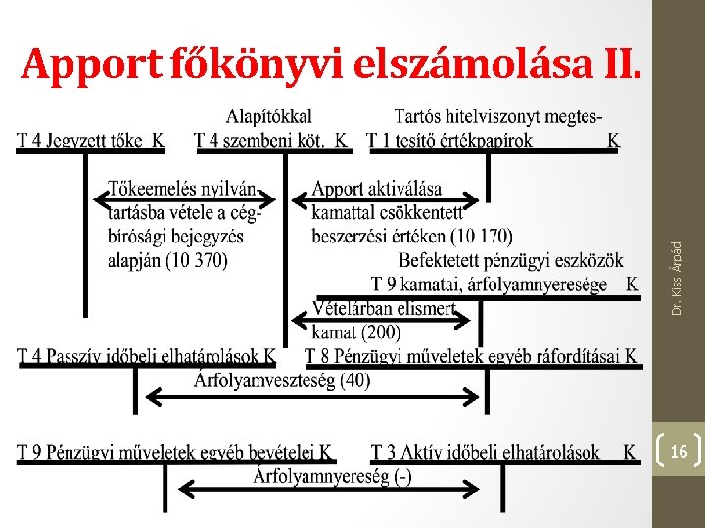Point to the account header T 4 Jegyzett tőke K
pos(90,140)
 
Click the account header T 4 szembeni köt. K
pos(271,140)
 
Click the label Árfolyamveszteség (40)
pos(283,380)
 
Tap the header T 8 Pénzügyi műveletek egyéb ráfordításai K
pos(471,357)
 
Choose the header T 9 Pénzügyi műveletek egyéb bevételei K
pos(174,453)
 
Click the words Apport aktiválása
pos(377,188)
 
